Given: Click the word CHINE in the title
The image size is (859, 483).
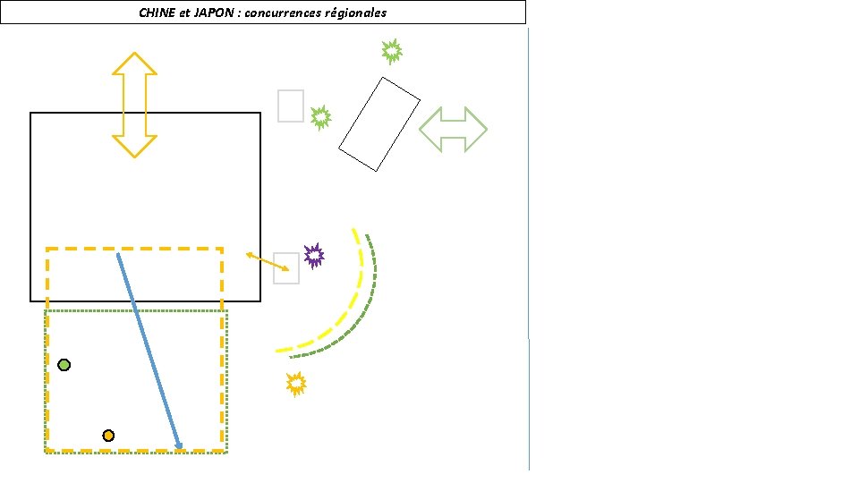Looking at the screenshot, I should (x=157, y=13).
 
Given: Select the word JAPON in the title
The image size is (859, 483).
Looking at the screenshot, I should (x=212, y=13).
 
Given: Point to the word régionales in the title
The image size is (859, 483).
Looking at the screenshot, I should (x=355, y=13).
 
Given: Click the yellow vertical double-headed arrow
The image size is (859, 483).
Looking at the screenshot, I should (x=134, y=105).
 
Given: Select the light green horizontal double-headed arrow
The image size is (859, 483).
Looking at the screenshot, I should (x=453, y=129).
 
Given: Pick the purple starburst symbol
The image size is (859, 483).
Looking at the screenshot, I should (x=314, y=256).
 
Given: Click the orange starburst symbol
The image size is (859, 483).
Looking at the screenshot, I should (x=296, y=384).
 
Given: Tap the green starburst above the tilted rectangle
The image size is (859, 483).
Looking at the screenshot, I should (x=391, y=51).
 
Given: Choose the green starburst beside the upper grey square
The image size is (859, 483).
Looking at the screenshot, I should (x=320, y=117).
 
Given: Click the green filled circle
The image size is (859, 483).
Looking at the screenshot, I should (x=64, y=365).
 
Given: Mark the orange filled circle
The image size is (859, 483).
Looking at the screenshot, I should (x=108, y=436).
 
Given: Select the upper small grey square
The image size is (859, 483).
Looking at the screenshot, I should (x=291, y=106).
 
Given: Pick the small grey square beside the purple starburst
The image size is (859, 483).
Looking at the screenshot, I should (x=286, y=268).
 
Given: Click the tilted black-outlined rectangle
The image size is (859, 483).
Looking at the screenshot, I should (x=379, y=123).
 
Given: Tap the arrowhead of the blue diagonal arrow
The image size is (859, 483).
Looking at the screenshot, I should (x=179, y=445).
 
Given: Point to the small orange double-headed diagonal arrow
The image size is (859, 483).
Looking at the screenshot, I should (x=268, y=262).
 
